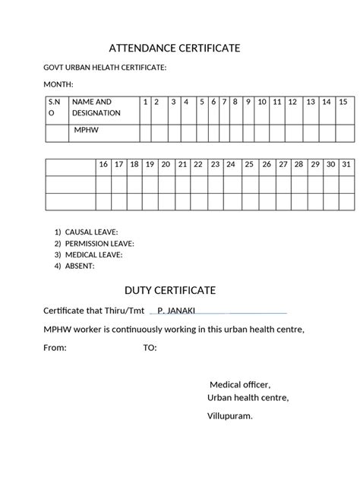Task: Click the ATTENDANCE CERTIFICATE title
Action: [175, 49]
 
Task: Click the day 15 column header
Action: [343, 101]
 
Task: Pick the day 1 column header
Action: [144, 101]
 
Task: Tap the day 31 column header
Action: [346, 164]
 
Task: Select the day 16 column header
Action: [103, 164]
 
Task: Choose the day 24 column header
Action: [231, 164]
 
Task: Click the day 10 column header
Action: [262, 101]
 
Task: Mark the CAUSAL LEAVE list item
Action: [91, 232]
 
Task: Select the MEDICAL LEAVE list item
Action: [93, 254]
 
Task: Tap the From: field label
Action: [55, 348]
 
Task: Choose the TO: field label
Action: [150, 348]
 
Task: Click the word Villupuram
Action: [230, 416]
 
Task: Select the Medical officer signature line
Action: [240, 384]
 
